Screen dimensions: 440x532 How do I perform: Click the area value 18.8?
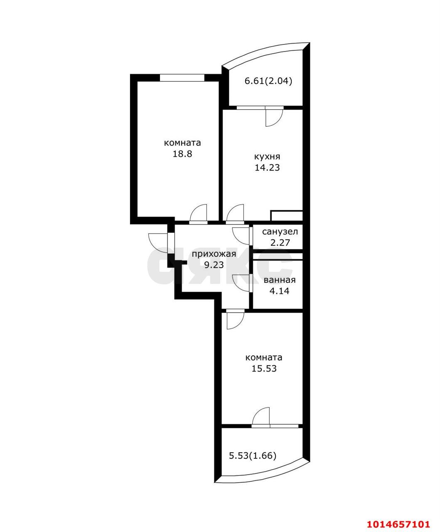(182, 154)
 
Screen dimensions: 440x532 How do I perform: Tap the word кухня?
(267, 156)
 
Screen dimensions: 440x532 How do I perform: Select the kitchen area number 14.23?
(267, 167)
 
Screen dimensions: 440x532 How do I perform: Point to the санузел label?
(280, 232)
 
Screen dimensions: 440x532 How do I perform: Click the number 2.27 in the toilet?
(280, 243)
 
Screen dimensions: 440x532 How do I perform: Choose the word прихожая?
(214, 254)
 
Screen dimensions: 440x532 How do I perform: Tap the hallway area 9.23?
(214, 265)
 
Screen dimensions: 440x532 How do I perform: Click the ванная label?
(280, 280)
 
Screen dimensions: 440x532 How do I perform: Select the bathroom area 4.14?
(280, 291)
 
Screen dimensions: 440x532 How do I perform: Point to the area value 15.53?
(264, 368)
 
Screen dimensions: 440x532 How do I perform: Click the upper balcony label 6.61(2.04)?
(268, 81)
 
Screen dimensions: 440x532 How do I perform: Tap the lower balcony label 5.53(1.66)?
(253, 456)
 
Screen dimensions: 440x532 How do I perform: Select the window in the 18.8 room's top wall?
(182, 77)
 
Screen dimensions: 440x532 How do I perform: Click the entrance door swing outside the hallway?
(157, 243)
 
